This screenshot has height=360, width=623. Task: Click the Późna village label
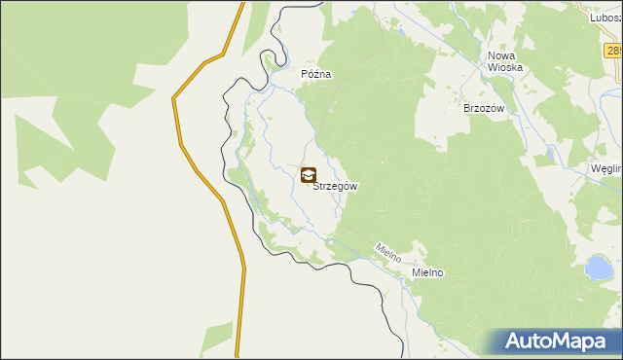(x=316, y=74)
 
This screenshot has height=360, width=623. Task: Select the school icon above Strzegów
(x=309, y=175)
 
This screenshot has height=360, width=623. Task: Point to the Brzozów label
(x=484, y=109)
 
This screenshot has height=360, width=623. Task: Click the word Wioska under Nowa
(x=506, y=68)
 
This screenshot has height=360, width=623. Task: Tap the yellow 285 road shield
(x=613, y=51)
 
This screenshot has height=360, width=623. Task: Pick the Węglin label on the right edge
(x=606, y=168)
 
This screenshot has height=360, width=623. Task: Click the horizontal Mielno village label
(x=427, y=273)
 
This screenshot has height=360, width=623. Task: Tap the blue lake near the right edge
(x=597, y=267)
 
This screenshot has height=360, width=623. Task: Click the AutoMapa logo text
(x=555, y=341)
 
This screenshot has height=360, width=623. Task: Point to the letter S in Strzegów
(x=315, y=186)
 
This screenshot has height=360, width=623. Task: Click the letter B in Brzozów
(x=467, y=109)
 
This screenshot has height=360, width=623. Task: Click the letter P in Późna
(x=304, y=74)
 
